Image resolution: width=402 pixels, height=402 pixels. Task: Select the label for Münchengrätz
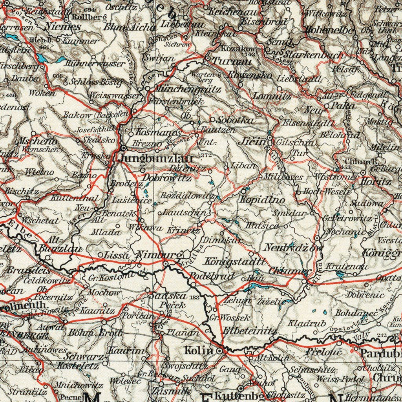[x=186, y=89]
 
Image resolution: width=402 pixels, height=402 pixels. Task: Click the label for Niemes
[x=63, y=27]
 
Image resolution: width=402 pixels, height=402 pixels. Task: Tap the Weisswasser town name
[x=114, y=95]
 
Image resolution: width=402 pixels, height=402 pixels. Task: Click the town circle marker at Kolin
[x=219, y=351]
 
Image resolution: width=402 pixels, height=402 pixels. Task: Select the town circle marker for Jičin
[x=270, y=138]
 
